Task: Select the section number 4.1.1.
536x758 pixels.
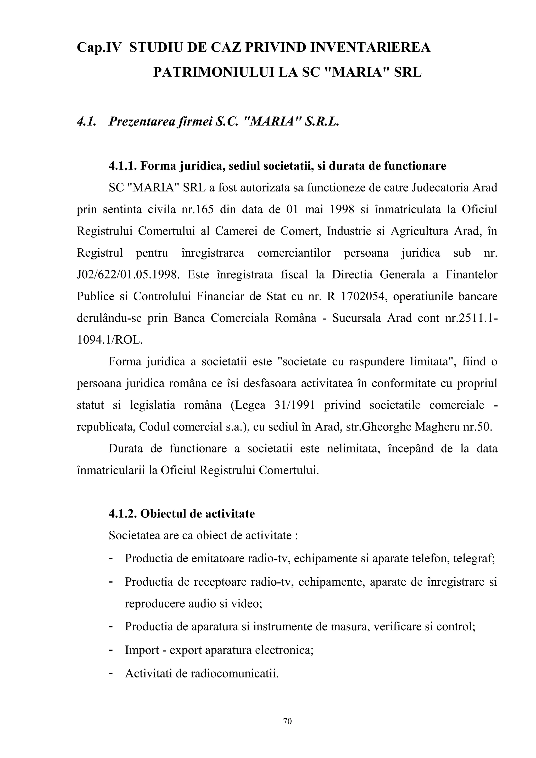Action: (122, 166)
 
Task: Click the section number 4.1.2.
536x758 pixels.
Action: (122, 514)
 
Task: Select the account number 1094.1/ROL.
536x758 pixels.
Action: (110, 340)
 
